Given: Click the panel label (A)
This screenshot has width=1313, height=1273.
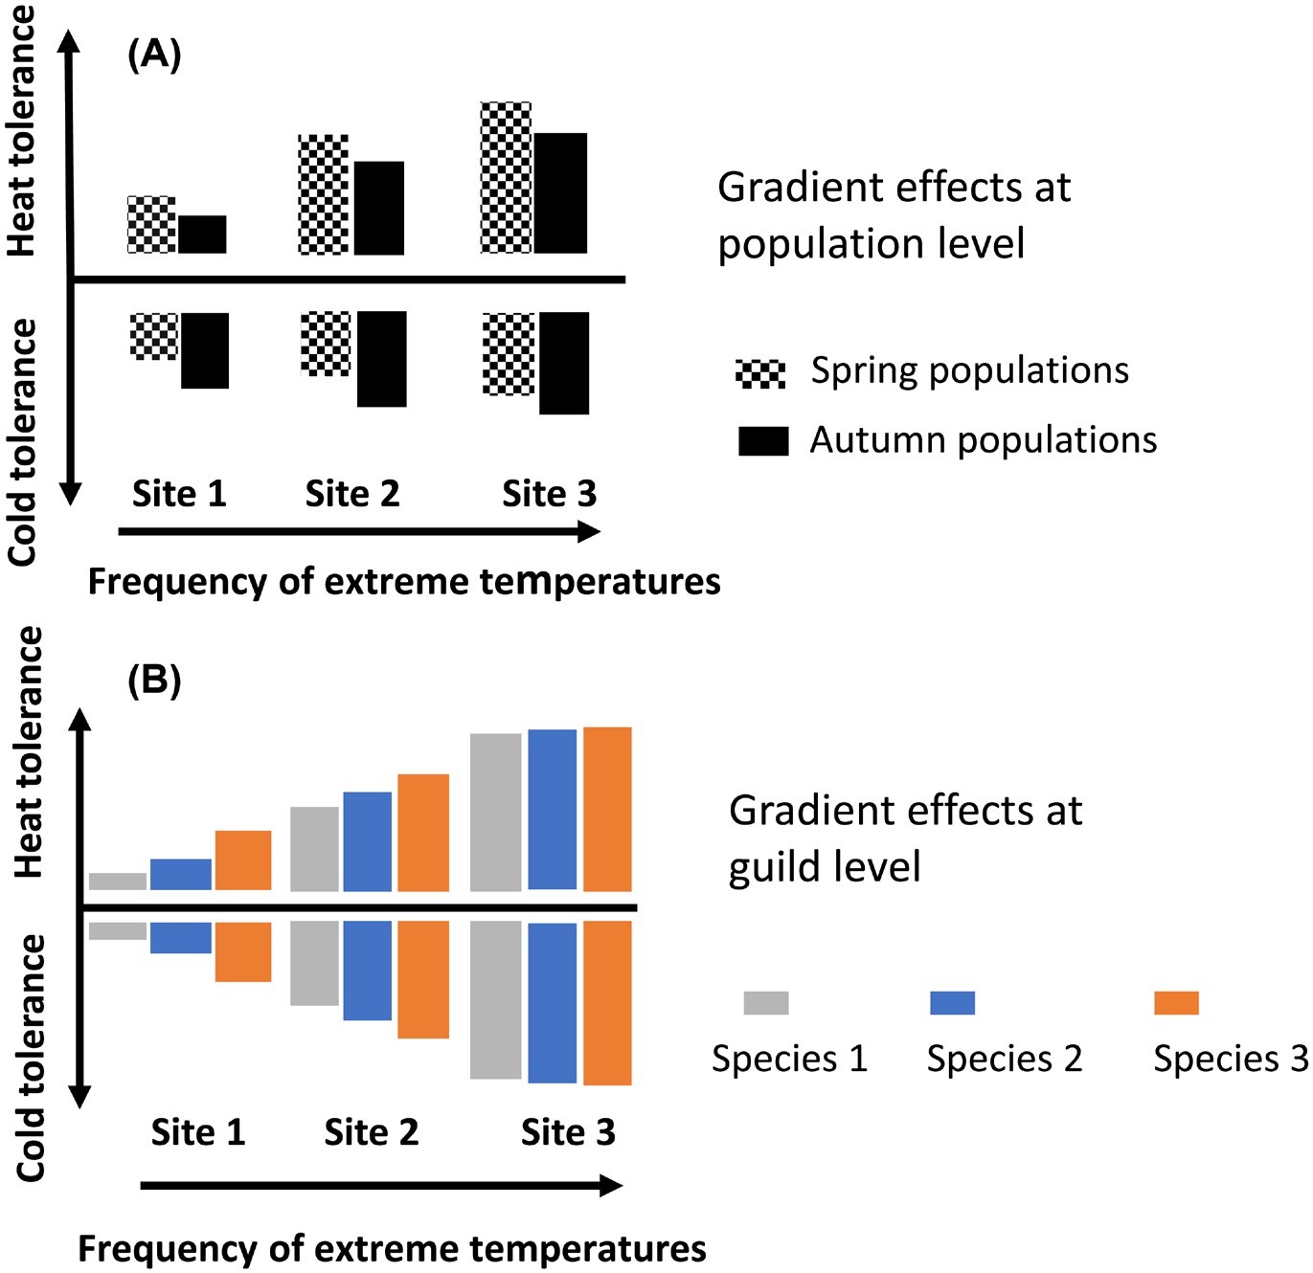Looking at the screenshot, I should pyautogui.click(x=153, y=56).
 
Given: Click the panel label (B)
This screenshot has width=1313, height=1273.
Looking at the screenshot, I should pyautogui.click(x=153, y=681).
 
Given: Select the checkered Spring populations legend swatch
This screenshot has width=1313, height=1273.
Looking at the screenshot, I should pyautogui.click(x=760, y=373).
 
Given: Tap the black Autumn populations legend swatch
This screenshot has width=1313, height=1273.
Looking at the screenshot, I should pyautogui.click(x=763, y=441).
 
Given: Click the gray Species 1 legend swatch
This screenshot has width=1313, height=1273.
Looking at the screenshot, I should pyautogui.click(x=766, y=1003).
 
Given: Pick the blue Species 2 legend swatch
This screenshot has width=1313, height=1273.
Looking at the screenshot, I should pyautogui.click(x=952, y=1003).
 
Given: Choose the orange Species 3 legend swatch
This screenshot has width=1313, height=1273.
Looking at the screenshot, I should pyautogui.click(x=1176, y=1003).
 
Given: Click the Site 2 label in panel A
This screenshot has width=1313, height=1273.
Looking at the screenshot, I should pyautogui.click(x=351, y=494).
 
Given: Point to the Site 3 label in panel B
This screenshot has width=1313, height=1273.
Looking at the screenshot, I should pyautogui.click(x=568, y=1132).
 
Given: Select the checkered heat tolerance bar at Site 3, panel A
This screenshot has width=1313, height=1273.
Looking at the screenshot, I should pyautogui.click(x=506, y=177).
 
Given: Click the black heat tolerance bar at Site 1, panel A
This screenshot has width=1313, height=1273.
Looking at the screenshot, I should pyautogui.click(x=202, y=234).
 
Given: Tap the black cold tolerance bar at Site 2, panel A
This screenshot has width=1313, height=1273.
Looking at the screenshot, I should pyautogui.click(x=381, y=359).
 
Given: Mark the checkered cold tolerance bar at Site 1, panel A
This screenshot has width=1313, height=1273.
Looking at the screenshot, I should pyautogui.click(x=154, y=336).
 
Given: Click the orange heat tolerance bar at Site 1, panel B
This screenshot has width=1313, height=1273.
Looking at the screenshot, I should pyautogui.click(x=243, y=860).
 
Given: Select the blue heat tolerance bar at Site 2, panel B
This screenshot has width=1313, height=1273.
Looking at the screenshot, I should pyautogui.click(x=368, y=841).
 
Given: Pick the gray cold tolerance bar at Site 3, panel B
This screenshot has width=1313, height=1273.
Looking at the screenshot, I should pyautogui.click(x=496, y=999).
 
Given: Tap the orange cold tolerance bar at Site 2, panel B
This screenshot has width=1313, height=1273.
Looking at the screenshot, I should pyautogui.click(x=423, y=979).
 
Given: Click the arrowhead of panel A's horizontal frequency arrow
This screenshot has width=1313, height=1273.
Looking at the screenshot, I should pyautogui.click(x=589, y=532).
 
